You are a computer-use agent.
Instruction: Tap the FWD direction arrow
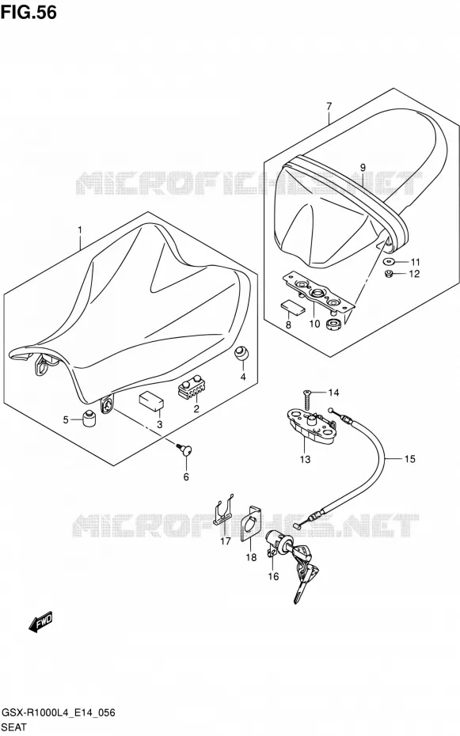click(40, 622)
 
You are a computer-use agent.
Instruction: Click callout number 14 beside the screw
click(333, 393)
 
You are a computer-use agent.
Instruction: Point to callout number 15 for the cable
click(410, 458)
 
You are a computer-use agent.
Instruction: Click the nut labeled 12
click(389, 273)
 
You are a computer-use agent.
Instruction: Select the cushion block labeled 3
click(150, 401)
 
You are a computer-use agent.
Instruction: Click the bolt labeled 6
click(185, 450)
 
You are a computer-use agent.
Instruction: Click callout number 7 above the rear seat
click(329, 106)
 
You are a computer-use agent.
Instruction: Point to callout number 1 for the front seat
click(80, 230)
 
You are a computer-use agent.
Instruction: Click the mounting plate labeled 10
click(318, 294)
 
